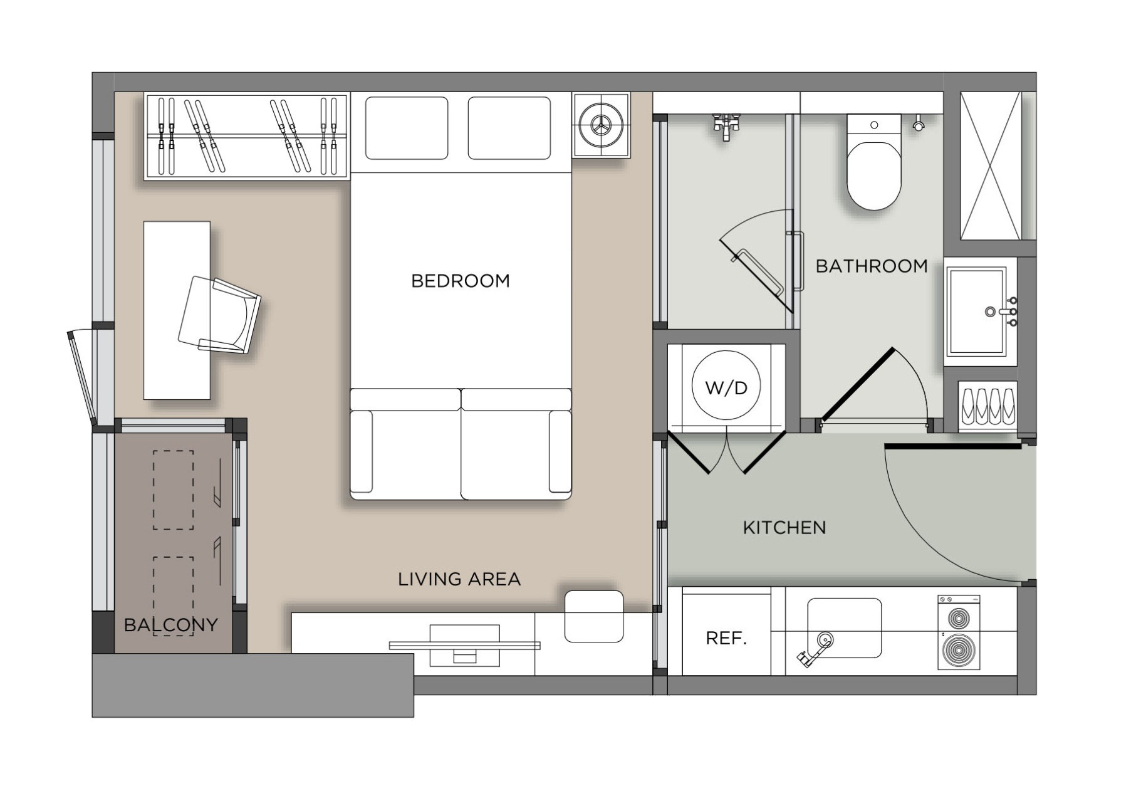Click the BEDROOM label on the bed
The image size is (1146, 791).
(461, 281)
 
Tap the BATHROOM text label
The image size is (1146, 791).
(872, 266)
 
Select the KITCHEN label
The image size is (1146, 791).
(784, 528)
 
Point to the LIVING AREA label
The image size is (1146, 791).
(459, 579)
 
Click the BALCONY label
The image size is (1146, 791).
(171, 625)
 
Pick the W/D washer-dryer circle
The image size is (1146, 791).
(726, 385)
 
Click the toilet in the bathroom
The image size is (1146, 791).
(873, 162)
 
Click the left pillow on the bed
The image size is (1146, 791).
(407, 128)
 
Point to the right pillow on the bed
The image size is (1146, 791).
(509, 128)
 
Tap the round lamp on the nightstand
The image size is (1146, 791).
(601, 125)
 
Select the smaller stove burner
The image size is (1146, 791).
(959, 619)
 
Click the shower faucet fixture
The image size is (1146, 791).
(727, 125)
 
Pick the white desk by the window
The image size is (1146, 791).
(177, 310)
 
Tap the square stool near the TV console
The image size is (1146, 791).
(594, 616)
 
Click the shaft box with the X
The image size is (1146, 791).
(991, 166)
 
